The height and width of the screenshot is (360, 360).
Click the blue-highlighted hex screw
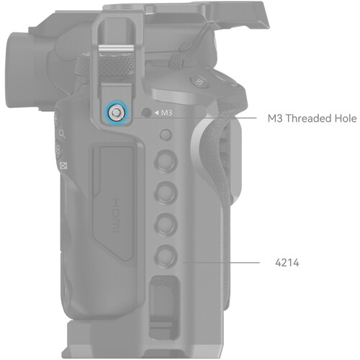click(116, 112)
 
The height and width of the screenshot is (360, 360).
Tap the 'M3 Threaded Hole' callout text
click(312, 118)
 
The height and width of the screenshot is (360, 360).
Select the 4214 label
click(287, 263)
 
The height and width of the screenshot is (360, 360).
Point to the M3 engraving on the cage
click(166, 112)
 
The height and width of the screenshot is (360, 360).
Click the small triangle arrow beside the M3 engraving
click(156, 112)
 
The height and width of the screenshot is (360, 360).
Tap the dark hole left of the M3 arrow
click(146, 112)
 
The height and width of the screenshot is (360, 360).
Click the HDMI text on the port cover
click(116, 215)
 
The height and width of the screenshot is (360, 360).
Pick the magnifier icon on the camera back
click(62, 134)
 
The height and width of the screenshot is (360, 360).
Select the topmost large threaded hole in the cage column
click(166, 161)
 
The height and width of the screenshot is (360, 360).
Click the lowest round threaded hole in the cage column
click(166, 256)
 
